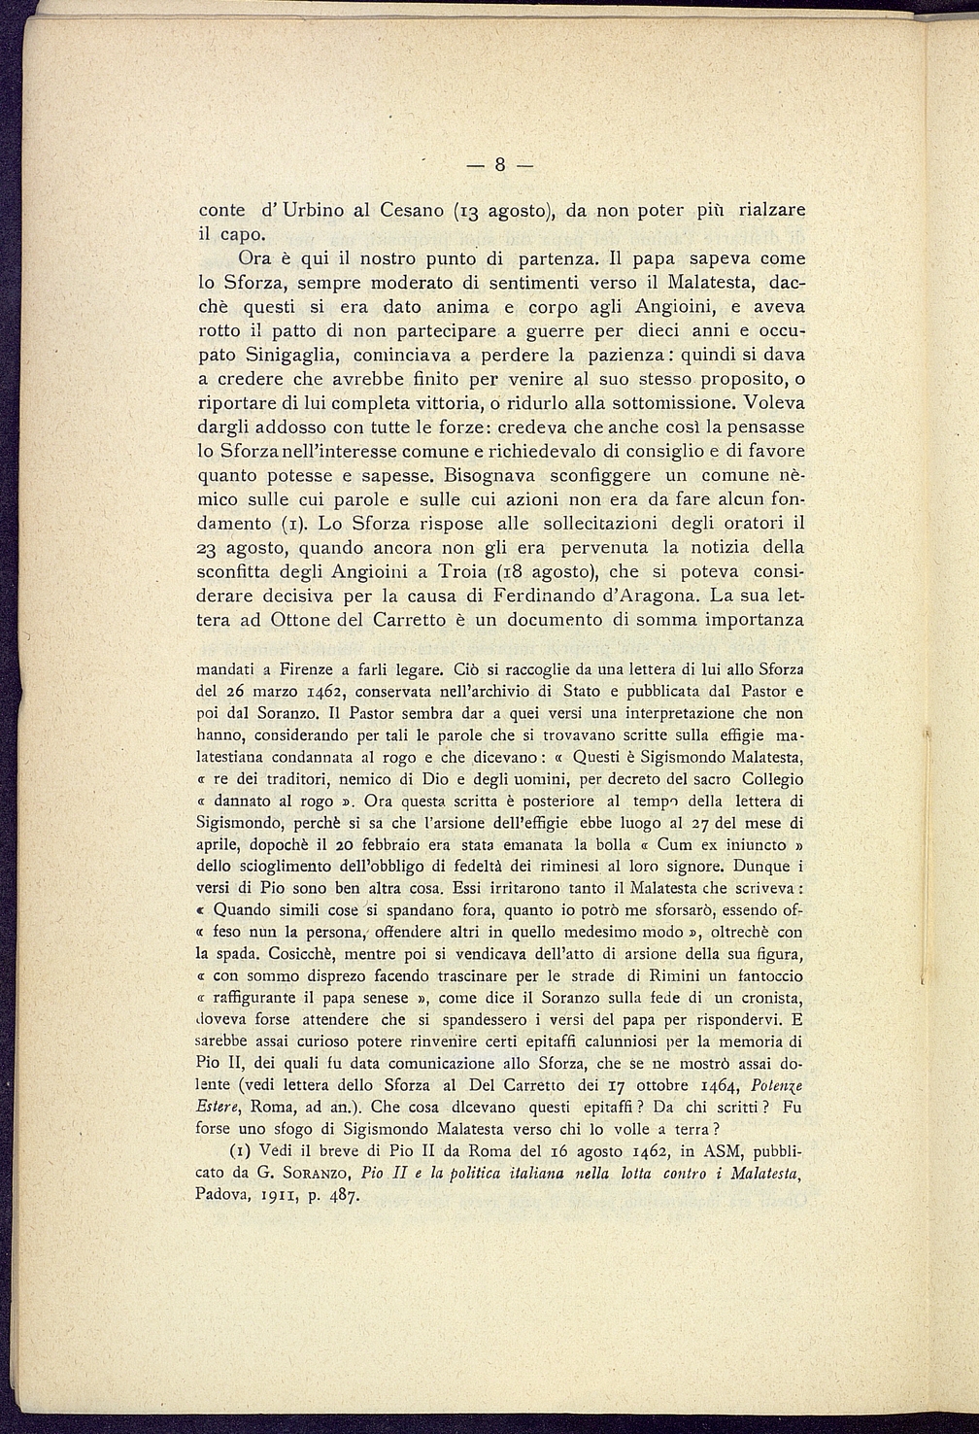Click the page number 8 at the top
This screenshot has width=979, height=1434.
pyautogui.click(x=498, y=164)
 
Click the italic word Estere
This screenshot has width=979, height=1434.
pyautogui.click(x=219, y=1107)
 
